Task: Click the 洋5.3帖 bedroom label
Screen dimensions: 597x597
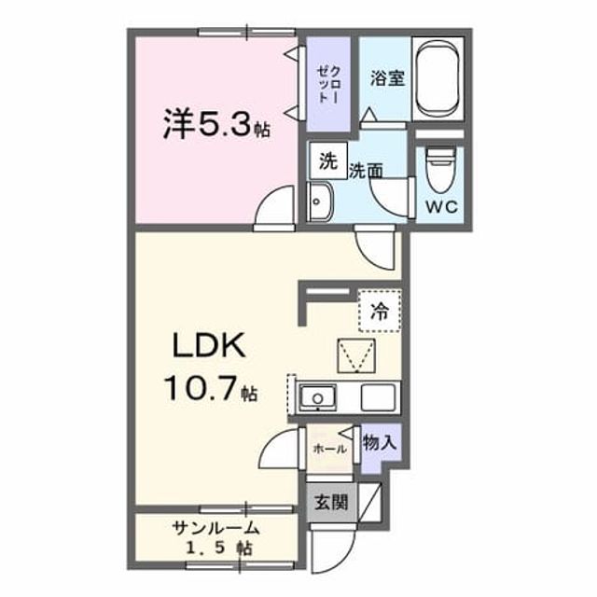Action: coord(216,124)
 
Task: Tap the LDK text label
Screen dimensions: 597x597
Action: coord(208,345)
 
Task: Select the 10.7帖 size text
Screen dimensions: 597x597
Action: coord(211,388)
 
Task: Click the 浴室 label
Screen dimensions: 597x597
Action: coord(387,78)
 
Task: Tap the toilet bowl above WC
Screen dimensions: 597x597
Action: coord(440,171)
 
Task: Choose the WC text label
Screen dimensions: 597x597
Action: coord(441,207)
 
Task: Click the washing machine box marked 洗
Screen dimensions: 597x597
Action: coord(328,160)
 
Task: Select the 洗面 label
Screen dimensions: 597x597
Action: coord(366,171)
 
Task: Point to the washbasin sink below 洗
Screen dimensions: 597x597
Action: coord(321,201)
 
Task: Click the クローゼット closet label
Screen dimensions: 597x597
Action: coord(327,84)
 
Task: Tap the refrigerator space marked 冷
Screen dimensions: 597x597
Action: coord(380,311)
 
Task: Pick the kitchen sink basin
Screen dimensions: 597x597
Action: coord(317,397)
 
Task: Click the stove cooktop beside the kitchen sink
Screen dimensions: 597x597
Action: coord(378,397)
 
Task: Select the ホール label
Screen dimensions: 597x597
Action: coord(329,449)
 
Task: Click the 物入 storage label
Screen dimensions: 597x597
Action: coord(380,443)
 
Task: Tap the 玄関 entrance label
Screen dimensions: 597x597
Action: coord(331,502)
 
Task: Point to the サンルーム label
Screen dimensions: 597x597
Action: coord(215,528)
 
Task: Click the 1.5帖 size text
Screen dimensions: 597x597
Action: coord(218,548)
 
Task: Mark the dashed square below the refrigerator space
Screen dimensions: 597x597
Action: coord(356,355)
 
